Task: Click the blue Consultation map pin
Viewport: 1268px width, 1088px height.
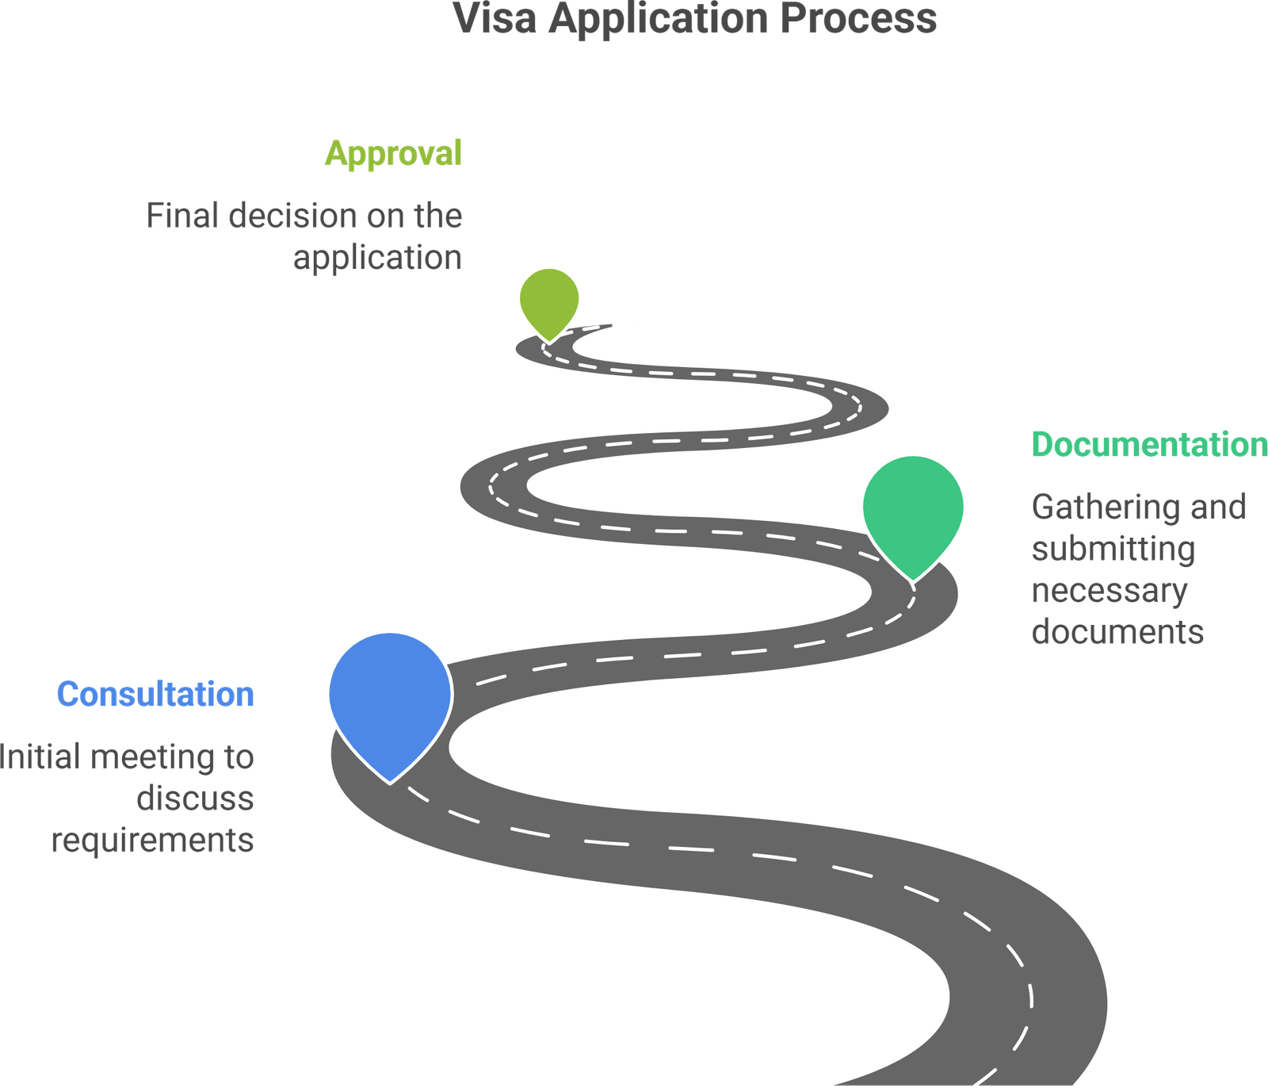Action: coord(389,694)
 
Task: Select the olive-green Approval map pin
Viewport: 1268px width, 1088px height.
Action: coord(549,298)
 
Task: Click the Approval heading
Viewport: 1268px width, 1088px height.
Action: coord(393,152)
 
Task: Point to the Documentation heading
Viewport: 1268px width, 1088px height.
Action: coord(1148,444)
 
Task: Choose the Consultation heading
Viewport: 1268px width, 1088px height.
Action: coord(155,694)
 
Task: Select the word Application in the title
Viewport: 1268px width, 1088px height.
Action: coord(659,19)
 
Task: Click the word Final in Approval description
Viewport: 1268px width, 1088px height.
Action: coord(181,216)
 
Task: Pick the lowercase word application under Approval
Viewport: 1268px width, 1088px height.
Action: coord(377,259)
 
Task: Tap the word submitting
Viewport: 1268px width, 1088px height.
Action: coord(1113,549)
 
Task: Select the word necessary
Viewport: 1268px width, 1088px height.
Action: coord(1109,591)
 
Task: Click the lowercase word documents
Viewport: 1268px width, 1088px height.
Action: coord(1117,632)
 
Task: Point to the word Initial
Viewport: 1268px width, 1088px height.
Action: coord(40,757)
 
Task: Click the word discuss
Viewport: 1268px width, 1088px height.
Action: coord(195,798)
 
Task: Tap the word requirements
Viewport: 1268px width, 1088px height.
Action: coord(153,840)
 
